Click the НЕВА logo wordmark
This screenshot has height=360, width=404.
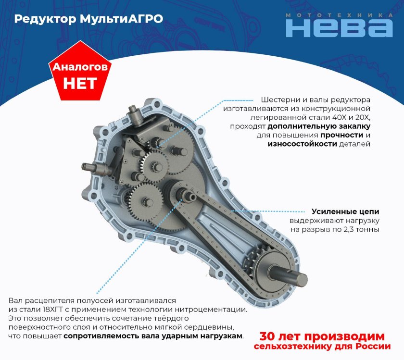pyautogui.click(x=339, y=28)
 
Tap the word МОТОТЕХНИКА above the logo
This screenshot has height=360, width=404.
pyautogui.click(x=339, y=15)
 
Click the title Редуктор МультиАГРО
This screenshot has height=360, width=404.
pyautogui.click(x=88, y=19)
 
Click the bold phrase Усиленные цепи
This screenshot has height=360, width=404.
pyautogui.click(x=345, y=211)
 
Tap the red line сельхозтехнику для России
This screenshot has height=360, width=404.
pyautogui.click(x=322, y=347)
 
